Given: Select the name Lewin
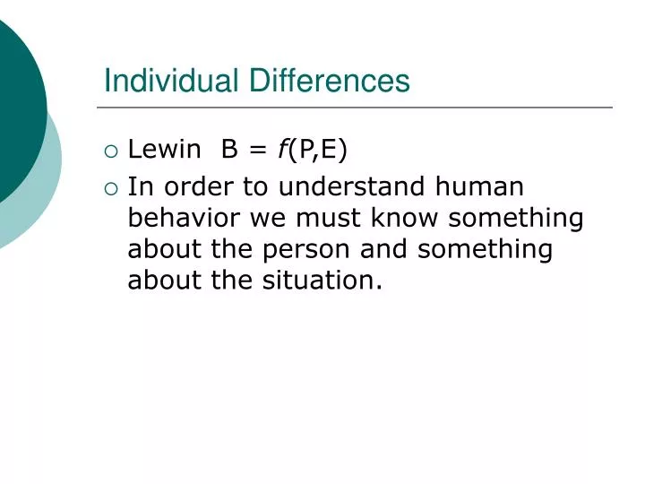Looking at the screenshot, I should coord(164,150).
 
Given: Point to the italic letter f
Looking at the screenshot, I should coord(281,150).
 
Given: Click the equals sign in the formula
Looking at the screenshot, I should coord(258,151).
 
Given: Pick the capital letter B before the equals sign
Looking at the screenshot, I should coord(230,150).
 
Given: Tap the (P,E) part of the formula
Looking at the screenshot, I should coord(317,151).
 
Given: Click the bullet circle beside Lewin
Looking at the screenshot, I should coord(111,151).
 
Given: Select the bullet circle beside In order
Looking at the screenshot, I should coord(111,188).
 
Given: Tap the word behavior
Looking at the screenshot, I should coord(185,218).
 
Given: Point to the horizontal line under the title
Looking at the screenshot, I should coord(358,108).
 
